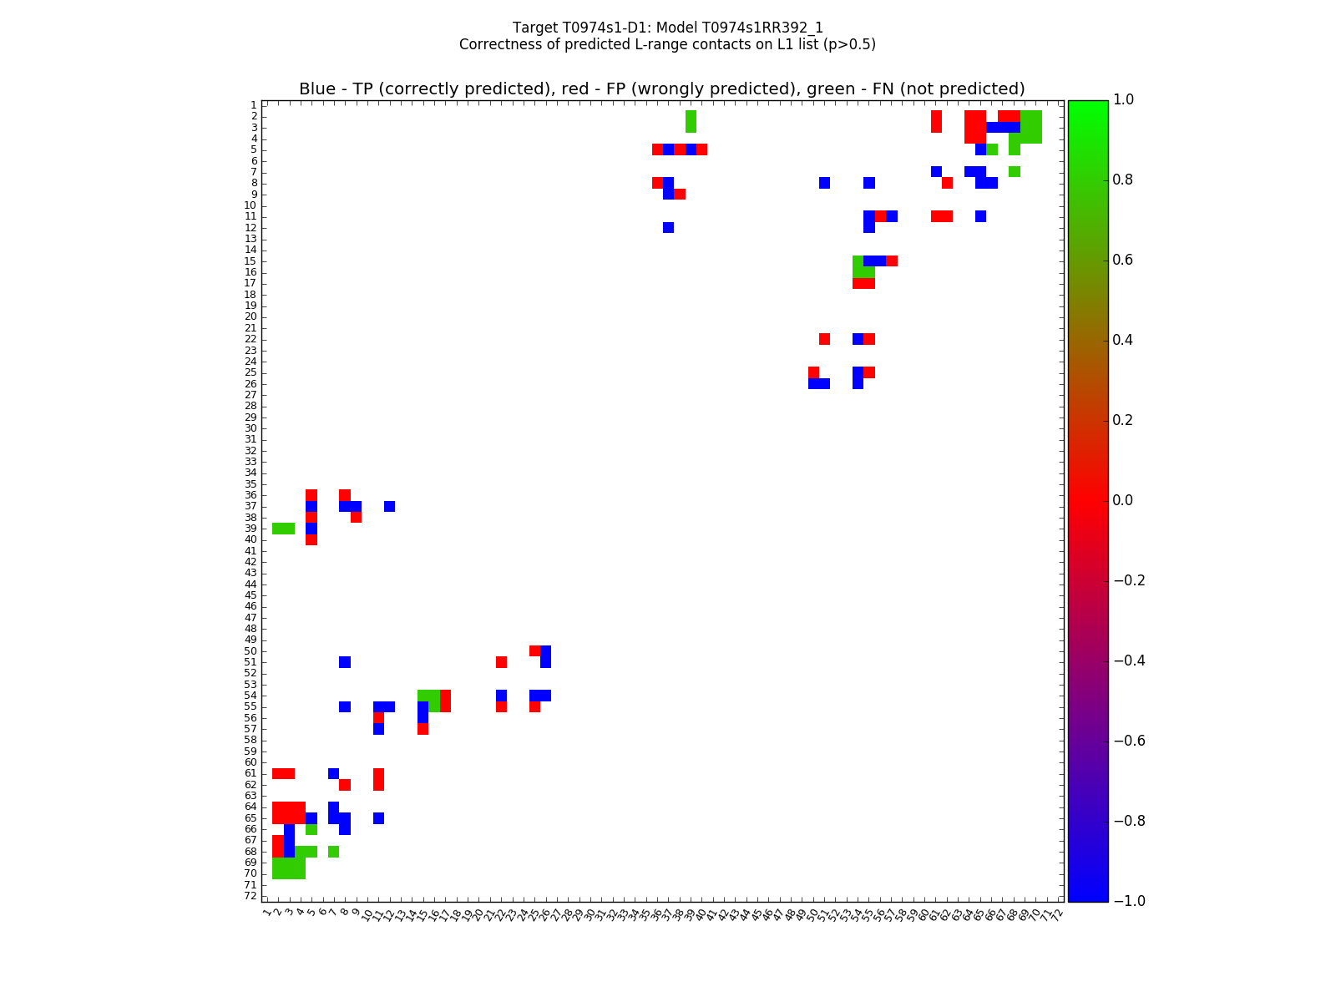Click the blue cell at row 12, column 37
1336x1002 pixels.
click(668, 227)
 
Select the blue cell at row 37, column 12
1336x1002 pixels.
click(389, 506)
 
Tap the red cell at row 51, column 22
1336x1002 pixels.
click(501, 662)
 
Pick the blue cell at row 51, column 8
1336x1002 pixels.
click(345, 662)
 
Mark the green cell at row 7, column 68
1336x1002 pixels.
click(1014, 171)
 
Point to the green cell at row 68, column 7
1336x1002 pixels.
click(333, 851)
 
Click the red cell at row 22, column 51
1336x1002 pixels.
click(824, 339)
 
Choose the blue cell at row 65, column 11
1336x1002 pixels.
click(378, 817)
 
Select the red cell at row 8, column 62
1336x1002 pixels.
click(947, 183)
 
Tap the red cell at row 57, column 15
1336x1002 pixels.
click(423, 729)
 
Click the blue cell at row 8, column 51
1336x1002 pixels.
click(824, 183)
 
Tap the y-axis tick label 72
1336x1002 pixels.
click(250, 896)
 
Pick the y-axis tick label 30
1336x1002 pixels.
click(250, 428)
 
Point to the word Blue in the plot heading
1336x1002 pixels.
click(317, 89)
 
